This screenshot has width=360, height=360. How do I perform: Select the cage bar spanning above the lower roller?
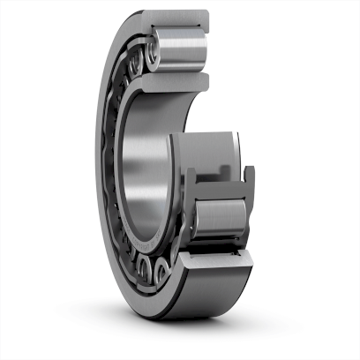click(x=217, y=181)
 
